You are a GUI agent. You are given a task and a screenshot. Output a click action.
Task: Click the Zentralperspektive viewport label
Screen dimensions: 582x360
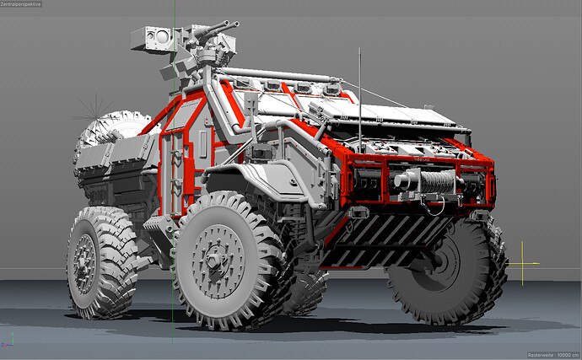pos(21,4)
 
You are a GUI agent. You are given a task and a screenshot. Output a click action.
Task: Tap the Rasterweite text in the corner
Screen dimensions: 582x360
pos(553,355)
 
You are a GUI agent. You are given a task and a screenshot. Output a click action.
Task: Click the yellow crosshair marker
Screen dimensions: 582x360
pos(522,263)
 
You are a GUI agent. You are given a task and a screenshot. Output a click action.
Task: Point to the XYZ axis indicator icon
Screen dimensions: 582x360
pos(8,341)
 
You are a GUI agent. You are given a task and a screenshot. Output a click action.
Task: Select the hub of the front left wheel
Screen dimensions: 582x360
pos(214,261)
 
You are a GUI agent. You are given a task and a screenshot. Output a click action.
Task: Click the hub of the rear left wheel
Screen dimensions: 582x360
pos(84,264)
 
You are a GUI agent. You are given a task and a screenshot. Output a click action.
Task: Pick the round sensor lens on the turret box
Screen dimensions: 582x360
pos(162,37)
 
